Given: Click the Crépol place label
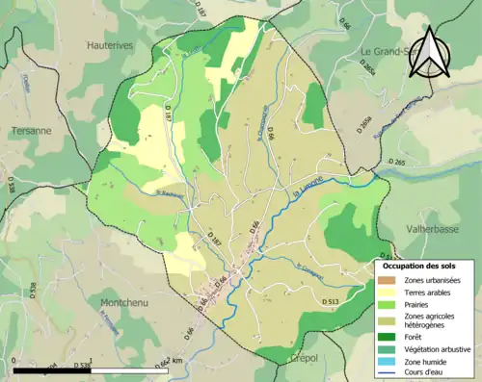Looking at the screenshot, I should tap(304, 357).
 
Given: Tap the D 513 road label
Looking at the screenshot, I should tap(328, 302).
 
